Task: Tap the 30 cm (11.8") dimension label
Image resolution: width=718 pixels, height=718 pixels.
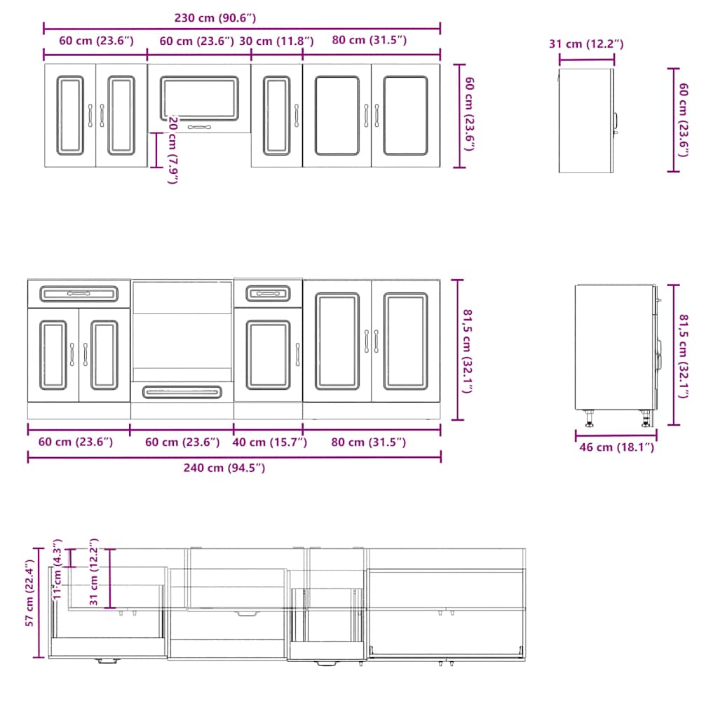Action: [x=276, y=41]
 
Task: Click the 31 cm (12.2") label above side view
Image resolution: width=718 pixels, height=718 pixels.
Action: [x=585, y=44]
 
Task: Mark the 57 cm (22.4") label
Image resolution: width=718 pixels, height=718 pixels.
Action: [x=29, y=593]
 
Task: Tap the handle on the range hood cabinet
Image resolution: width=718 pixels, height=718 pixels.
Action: [x=199, y=127]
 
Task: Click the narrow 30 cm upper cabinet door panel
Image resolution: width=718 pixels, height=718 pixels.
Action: [x=276, y=116]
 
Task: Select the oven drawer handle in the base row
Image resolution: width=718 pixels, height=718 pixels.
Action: [x=182, y=391]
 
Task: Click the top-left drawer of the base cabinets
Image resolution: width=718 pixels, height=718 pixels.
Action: [x=79, y=292]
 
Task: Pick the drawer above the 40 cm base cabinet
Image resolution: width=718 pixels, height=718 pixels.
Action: [x=268, y=292]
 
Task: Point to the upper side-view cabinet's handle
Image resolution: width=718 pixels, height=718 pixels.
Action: [x=616, y=122]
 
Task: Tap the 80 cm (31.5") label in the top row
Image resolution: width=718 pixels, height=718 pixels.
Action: [x=369, y=41]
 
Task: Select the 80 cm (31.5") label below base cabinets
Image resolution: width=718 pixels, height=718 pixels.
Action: [x=369, y=442]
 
